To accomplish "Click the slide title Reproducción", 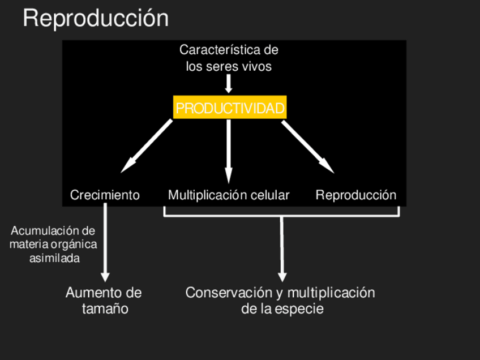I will [96, 19].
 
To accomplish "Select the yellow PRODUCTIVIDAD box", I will [230, 108].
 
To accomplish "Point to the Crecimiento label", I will [105, 195].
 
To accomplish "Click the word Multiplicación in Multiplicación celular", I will [207, 195].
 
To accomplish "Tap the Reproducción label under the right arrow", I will [356, 195].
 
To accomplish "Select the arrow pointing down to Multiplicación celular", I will [229, 150].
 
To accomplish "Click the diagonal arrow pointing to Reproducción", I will [308, 146].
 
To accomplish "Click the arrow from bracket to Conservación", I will [282, 249].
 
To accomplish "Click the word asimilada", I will [54, 258].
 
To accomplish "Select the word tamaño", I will [105, 309].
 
